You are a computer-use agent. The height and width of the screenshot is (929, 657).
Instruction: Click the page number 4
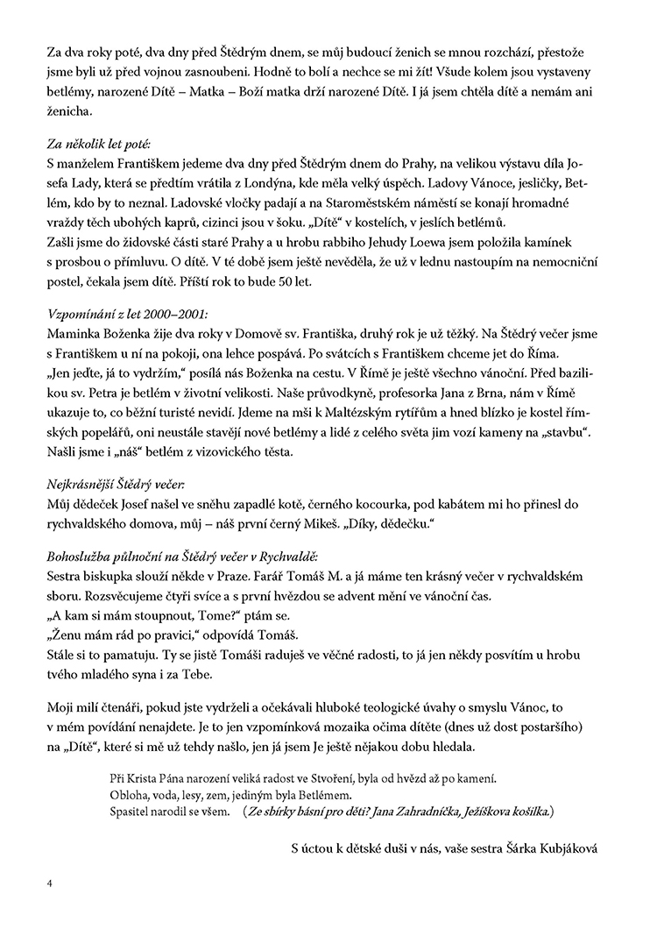tap(51, 883)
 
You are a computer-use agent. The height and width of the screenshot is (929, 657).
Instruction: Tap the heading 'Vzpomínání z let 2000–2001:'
tap(126, 313)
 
